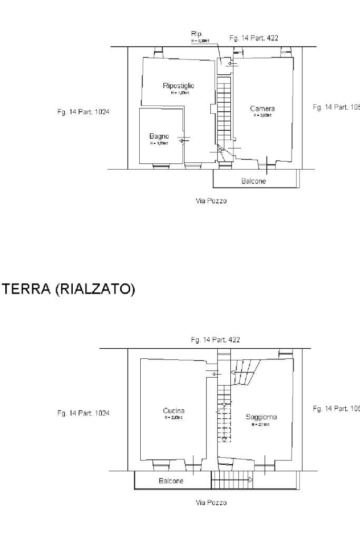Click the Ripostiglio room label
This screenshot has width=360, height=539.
pyautogui.click(x=179, y=85)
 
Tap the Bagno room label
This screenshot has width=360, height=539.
pyautogui.click(x=159, y=136)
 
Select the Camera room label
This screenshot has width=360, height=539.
pyautogui.click(x=262, y=109)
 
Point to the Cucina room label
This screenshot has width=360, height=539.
pyautogui.click(x=174, y=410)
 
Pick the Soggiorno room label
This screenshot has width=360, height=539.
pyautogui.click(x=261, y=417)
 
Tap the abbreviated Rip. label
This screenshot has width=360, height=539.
pyautogui.click(x=197, y=34)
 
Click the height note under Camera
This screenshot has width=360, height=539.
pyautogui.click(x=262, y=115)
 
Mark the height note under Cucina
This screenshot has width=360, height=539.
pyautogui.click(x=174, y=417)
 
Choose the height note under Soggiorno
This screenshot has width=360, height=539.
pyautogui.click(x=260, y=424)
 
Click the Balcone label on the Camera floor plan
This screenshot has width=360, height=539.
pyautogui.click(x=254, y=181)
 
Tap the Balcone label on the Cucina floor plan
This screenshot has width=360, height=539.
pyautogui.click(x=171, y=481)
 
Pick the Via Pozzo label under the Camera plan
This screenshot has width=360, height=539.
pyautogui.click(x=211, y=201)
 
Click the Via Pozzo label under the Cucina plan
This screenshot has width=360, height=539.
pyautogui.click(x=211, y=503)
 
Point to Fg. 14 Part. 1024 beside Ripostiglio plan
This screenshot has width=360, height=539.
pyautogui.click(x=83, y=112)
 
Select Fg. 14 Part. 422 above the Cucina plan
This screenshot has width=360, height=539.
pyautogui.click(x=215, y=340)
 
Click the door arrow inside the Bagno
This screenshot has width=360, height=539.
pyautogui.click(x=183, y=141)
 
